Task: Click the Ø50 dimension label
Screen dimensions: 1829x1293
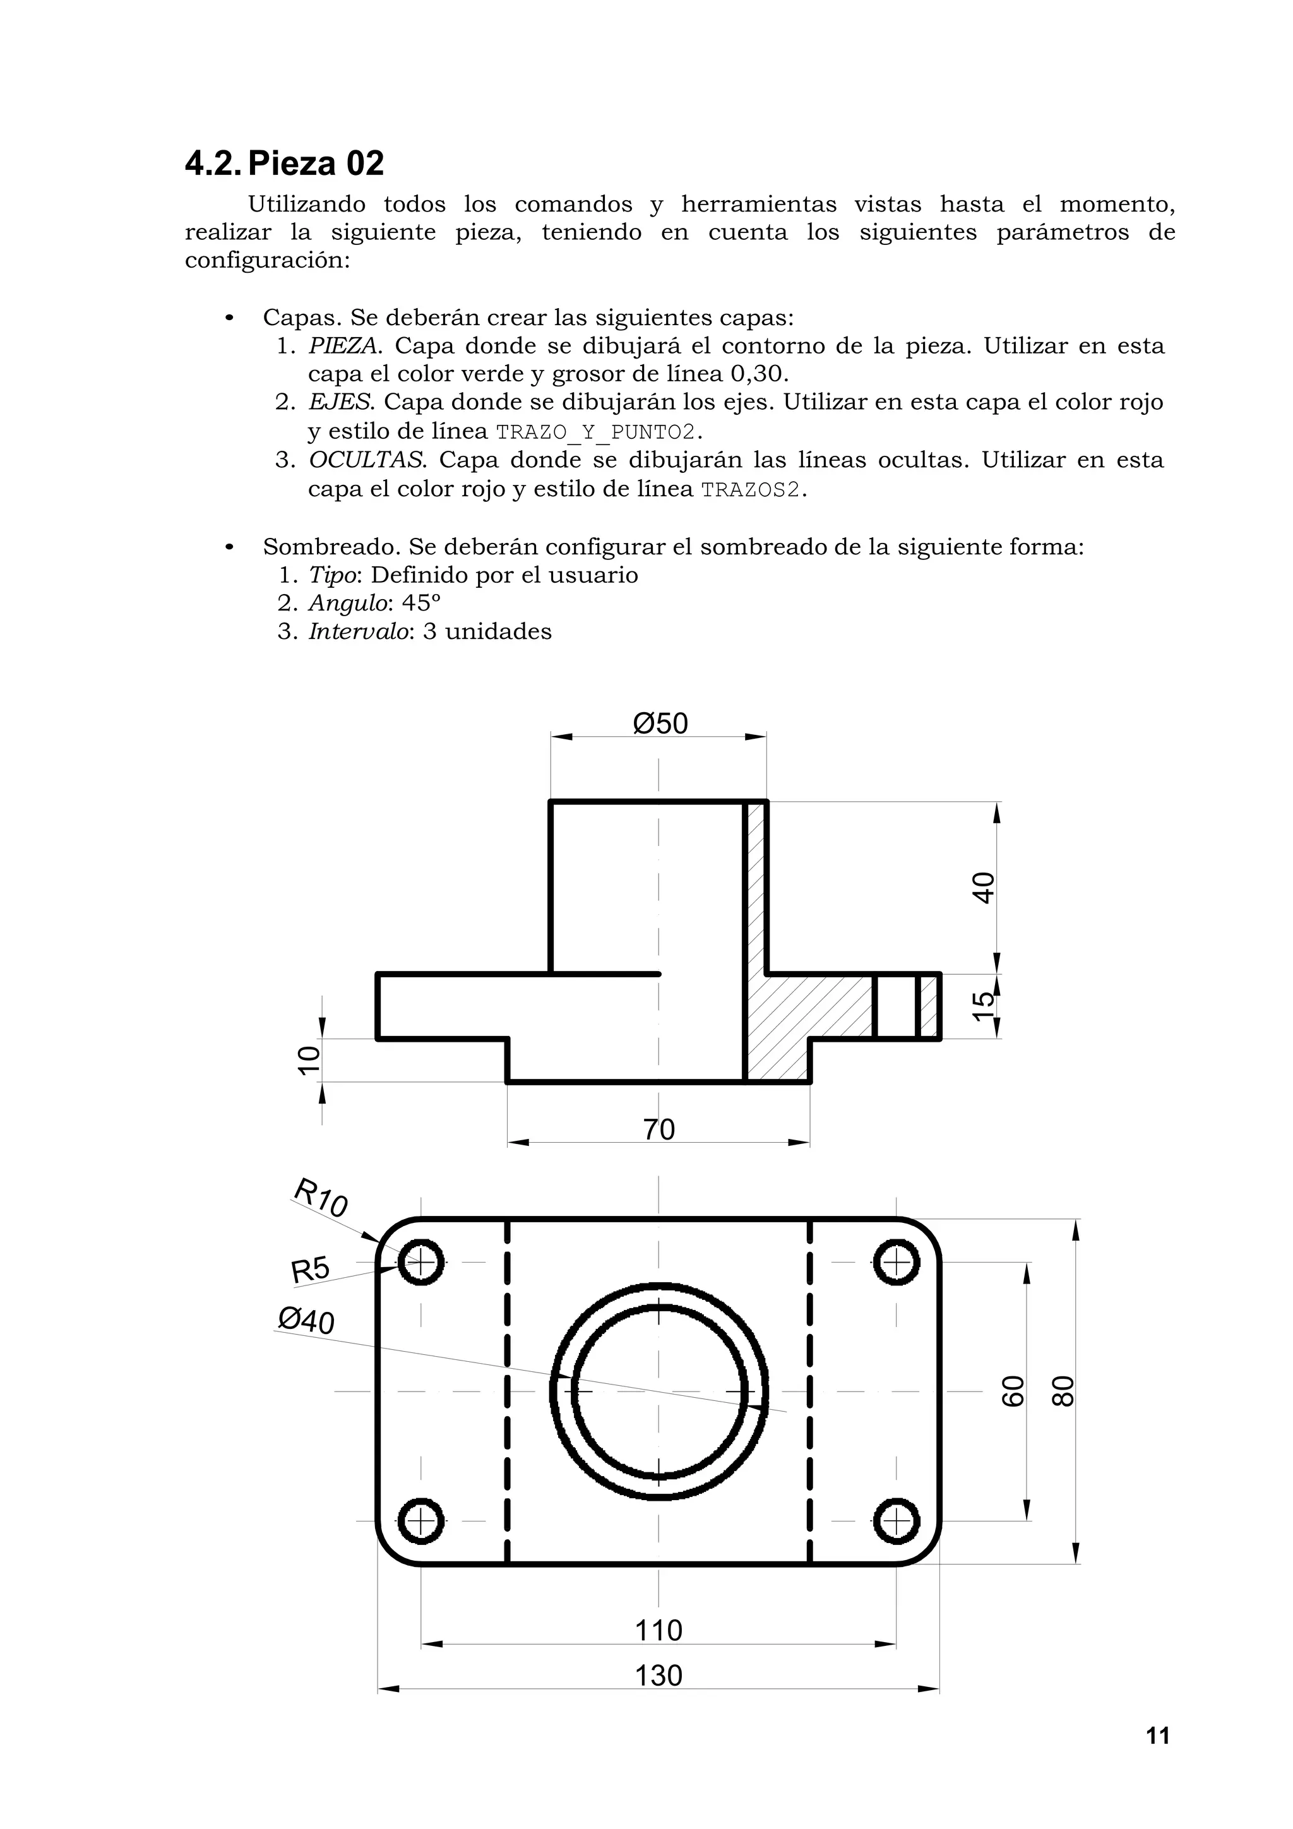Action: click(x=660, y=724)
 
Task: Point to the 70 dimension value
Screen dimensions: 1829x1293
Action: click(x=659, y=1129)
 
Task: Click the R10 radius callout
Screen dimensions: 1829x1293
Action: click(x=321, y=1198)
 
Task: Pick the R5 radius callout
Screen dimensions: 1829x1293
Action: click(x=310, y=1270)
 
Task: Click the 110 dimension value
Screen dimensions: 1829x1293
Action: click(x=659, y=1631)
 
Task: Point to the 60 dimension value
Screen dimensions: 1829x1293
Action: click(x=1012, y=1391)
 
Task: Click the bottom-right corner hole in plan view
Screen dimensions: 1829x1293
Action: click(x=897, y=1522)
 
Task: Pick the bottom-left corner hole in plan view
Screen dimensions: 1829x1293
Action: click(x=420, y=1522)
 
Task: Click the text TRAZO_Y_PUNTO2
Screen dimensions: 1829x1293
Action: click(x=596, y=432)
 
